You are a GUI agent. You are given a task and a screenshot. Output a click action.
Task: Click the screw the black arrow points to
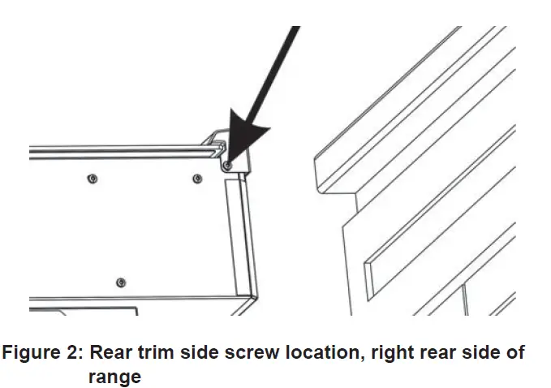pos(228,165)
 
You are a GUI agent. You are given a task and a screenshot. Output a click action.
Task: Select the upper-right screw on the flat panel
pos(196,177)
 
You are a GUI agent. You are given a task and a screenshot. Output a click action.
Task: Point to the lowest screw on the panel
pos(121,282)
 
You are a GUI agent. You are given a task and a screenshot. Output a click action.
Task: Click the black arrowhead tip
pos(230,161)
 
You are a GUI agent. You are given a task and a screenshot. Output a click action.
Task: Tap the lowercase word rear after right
pos(403,353)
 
